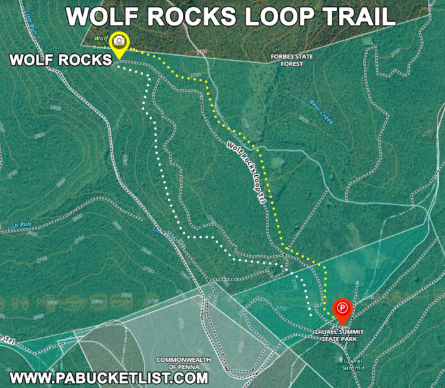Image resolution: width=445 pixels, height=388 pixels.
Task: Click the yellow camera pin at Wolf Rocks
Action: [119, 43]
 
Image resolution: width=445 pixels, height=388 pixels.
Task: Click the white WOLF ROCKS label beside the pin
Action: [60, 61]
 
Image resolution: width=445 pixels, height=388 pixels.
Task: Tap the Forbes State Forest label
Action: [292, 59]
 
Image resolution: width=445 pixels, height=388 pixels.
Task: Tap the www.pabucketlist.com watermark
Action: [109, 376]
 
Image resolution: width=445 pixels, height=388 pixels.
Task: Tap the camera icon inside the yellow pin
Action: [119, 41]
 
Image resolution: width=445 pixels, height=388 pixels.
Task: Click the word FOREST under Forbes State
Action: [292, 63]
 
